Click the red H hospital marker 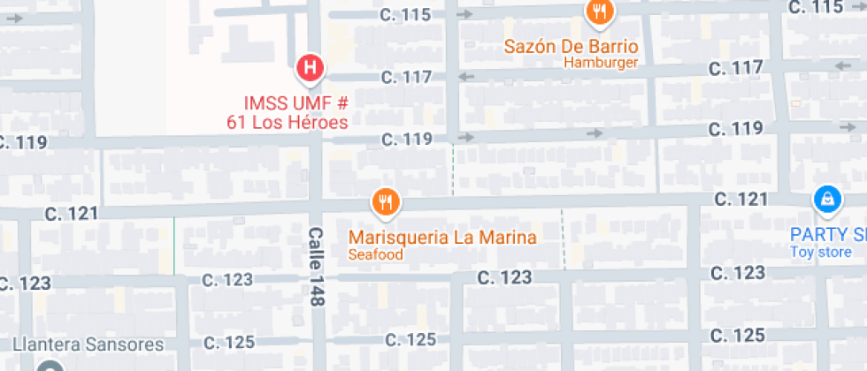click(x=310, y=68)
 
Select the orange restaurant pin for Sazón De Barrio click(x=600, y=12)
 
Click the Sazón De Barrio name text click(x=571, y=46)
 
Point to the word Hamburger click(x=600, y=63)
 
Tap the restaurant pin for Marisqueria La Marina click(x=385, y=204)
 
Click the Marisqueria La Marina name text click(x=442, y=238)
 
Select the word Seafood click(x=375, y=255)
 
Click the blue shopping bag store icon click(x=825, y=201)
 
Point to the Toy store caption click(x=822, y=253)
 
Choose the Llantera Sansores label click(x=88, y=344)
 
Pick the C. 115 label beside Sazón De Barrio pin click(x=406, y=15)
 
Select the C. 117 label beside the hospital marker click(x=406, y=78)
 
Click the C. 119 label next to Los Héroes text click(x=406, y=140)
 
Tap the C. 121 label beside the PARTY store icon click(x=740, y=200)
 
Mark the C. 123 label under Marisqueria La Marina click(x=503, y=277)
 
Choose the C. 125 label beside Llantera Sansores click(x=229, y=343)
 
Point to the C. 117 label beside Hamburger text click(x=735, y=68)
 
